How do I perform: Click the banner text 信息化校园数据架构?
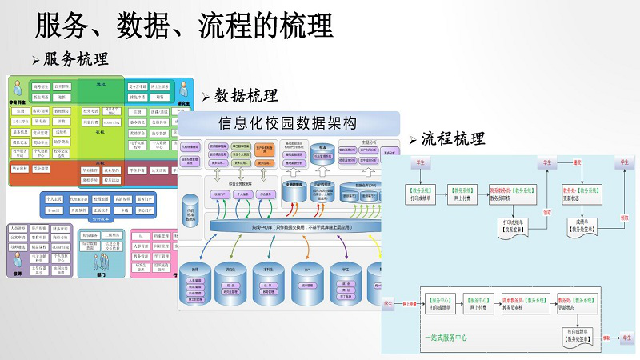tap(288, 122)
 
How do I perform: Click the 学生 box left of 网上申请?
tap(389, 305)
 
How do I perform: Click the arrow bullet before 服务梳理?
tap(35, 61)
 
